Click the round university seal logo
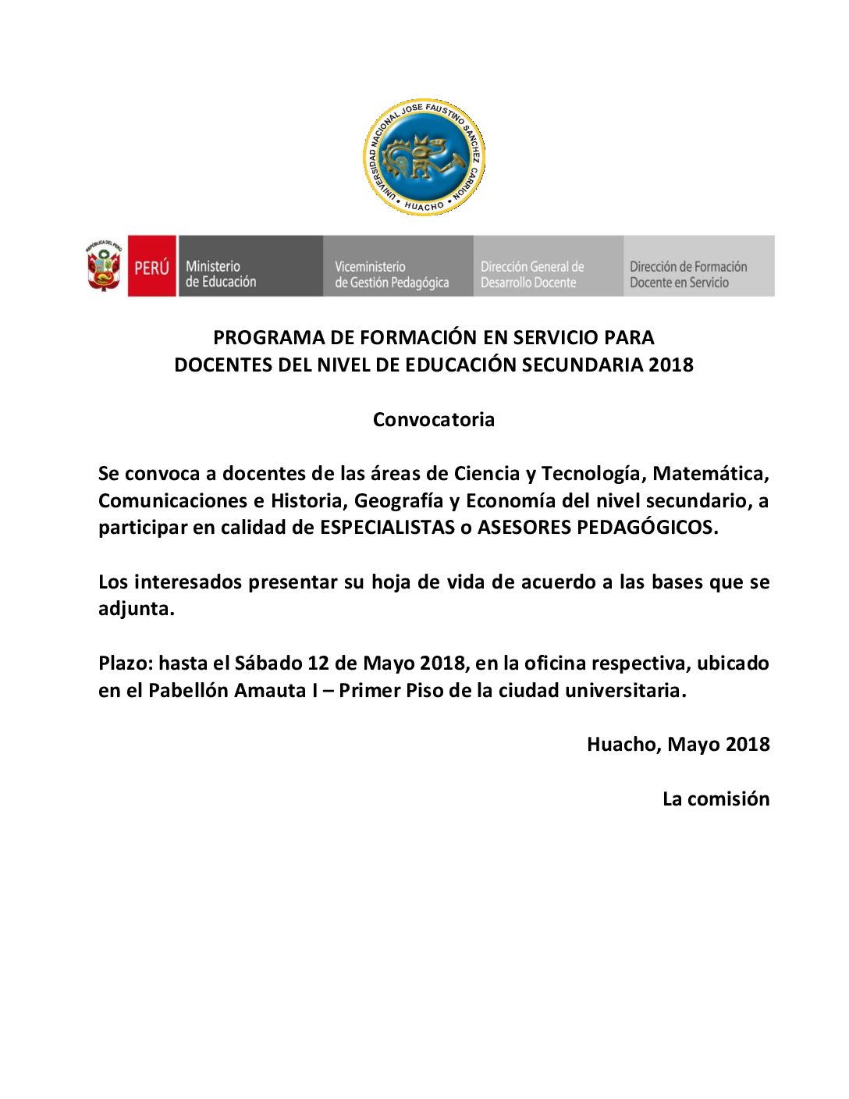[x=424, y=157]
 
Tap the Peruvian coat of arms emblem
[x=104, y=266]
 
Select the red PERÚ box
[x=151, y=266]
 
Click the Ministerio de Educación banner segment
[x=250, y=266]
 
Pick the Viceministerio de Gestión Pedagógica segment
[x=397, y=266]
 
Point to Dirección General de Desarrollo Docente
[x=548, y=266]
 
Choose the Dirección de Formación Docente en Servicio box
[x=698, y=266]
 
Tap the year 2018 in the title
[x=671, y=365]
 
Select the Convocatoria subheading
[x=434, y=420]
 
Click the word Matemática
[x=710, y=474]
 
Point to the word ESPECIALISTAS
[x=387, y=528]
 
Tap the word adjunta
[x=136, y=609]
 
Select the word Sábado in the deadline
[x=268, y=663]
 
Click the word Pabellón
[x=188, y=691]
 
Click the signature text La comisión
[x=716, y=799]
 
